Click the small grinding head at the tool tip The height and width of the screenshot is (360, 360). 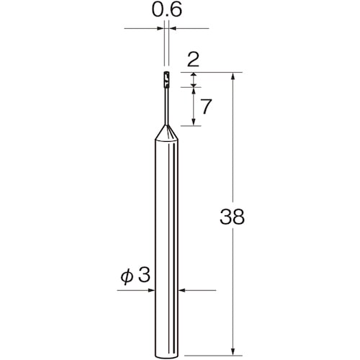click(166, 78)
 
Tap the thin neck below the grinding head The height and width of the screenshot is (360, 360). click(166, 104)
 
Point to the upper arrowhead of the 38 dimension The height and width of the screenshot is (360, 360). click(233, 76)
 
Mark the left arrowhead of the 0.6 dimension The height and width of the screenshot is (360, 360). click(160, 29)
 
